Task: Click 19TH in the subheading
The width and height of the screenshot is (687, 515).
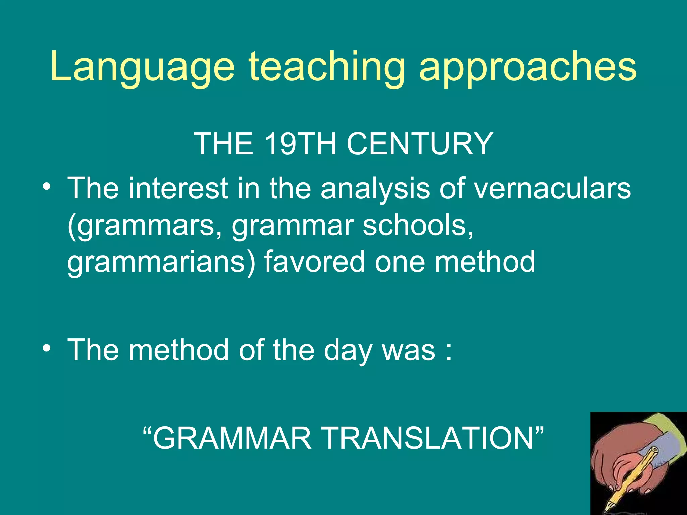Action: click(x=300, y=144)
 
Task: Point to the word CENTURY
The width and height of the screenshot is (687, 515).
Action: click(x=419, y=144)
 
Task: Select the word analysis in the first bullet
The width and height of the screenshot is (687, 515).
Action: click(x=375, y=188)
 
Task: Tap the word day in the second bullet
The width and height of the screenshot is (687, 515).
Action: click(x=348, y=350)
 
